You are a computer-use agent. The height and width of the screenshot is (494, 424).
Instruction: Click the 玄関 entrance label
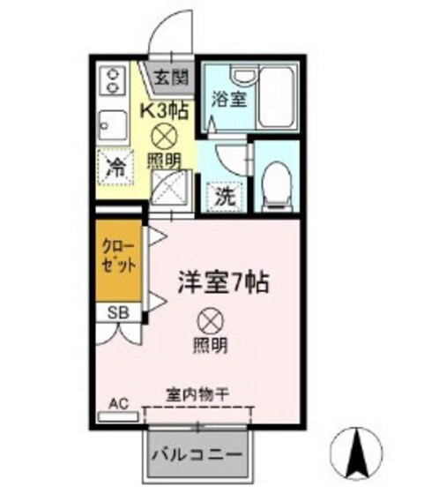point(171,77)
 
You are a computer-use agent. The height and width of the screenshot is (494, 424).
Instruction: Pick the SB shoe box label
point(115,312)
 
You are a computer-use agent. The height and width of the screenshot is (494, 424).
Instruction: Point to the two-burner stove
point(113,81)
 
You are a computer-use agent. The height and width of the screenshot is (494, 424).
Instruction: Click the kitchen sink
point(113,125)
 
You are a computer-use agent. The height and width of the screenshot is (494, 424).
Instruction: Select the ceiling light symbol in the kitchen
point(164,135)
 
